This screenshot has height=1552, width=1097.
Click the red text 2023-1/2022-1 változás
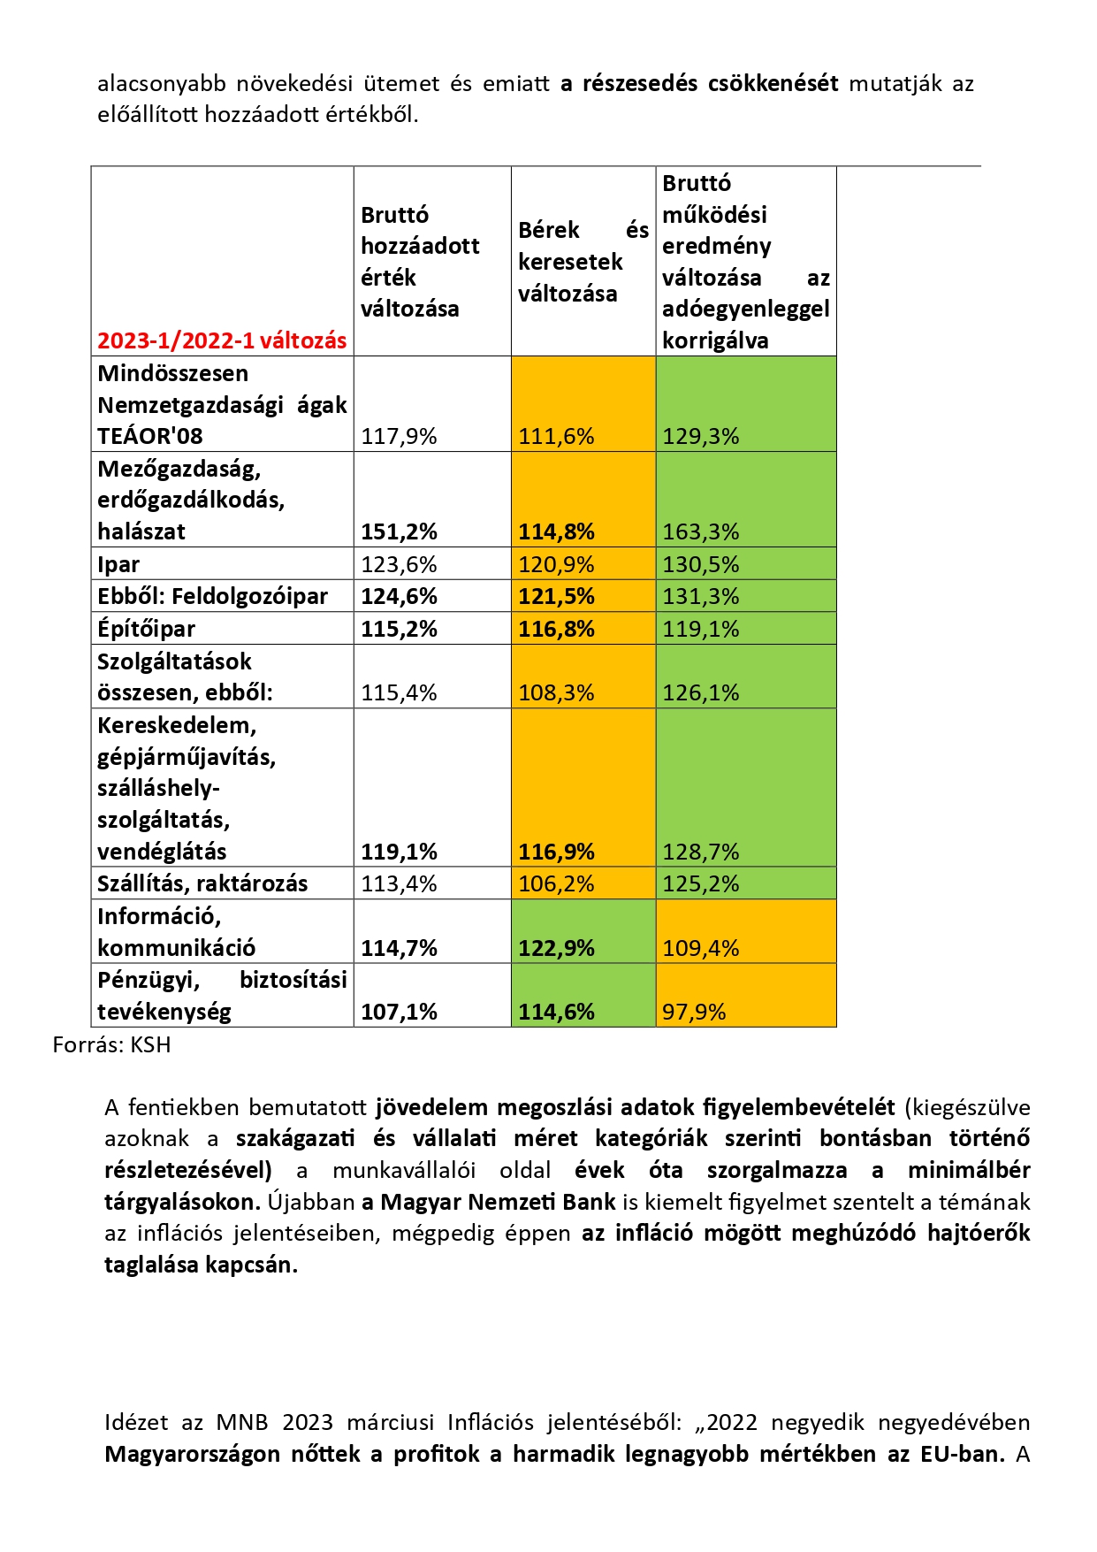pos(222,340)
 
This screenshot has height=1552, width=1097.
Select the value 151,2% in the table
pos(399,531)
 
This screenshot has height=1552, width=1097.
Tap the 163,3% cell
pos(701,531)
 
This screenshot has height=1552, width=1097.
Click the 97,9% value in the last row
pos(694,1012)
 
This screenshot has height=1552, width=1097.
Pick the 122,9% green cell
pos(556,948)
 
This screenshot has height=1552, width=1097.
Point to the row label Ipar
pos(118,564)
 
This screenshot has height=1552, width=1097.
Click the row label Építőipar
pos(146,629)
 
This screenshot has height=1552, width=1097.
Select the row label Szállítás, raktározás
pos(202,883)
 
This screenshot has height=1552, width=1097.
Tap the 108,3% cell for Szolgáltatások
pos(556,692)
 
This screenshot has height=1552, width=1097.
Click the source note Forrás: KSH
pos(111,1045)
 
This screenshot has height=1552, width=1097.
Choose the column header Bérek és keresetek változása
pos(583,262)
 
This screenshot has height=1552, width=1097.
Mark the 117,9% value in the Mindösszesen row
pos(399,436)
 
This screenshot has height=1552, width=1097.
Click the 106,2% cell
pos(556,883)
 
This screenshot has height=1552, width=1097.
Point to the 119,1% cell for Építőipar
pos(701,629)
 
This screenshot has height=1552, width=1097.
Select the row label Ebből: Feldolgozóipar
pos(212,596)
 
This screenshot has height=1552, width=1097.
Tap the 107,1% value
pos(399,1012)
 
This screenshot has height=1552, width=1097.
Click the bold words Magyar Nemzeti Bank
pos(498,1202)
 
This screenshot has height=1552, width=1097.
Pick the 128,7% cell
pos(701,852)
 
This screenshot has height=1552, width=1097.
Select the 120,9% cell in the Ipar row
pos(556,564)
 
